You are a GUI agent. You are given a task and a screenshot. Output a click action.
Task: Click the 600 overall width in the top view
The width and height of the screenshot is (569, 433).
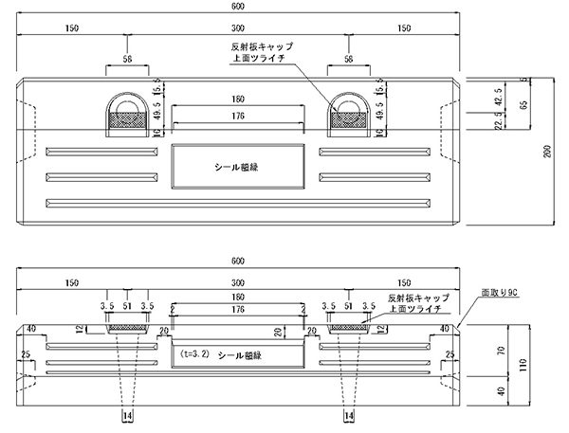pos(237,9)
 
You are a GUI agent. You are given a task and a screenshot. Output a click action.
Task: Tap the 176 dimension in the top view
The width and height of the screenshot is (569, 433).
pos(237,116)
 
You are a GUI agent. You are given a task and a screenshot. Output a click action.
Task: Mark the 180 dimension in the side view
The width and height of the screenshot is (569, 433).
pos(237,298)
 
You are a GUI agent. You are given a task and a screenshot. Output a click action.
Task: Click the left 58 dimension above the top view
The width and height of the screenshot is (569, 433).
pos(126,59)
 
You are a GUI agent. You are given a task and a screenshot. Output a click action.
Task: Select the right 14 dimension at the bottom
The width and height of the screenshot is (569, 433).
pos(349,416)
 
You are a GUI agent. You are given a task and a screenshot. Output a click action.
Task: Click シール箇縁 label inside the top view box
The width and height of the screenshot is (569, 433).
pos(236,163)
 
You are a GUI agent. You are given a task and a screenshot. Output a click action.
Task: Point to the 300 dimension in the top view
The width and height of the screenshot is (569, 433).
pos(237,29)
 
